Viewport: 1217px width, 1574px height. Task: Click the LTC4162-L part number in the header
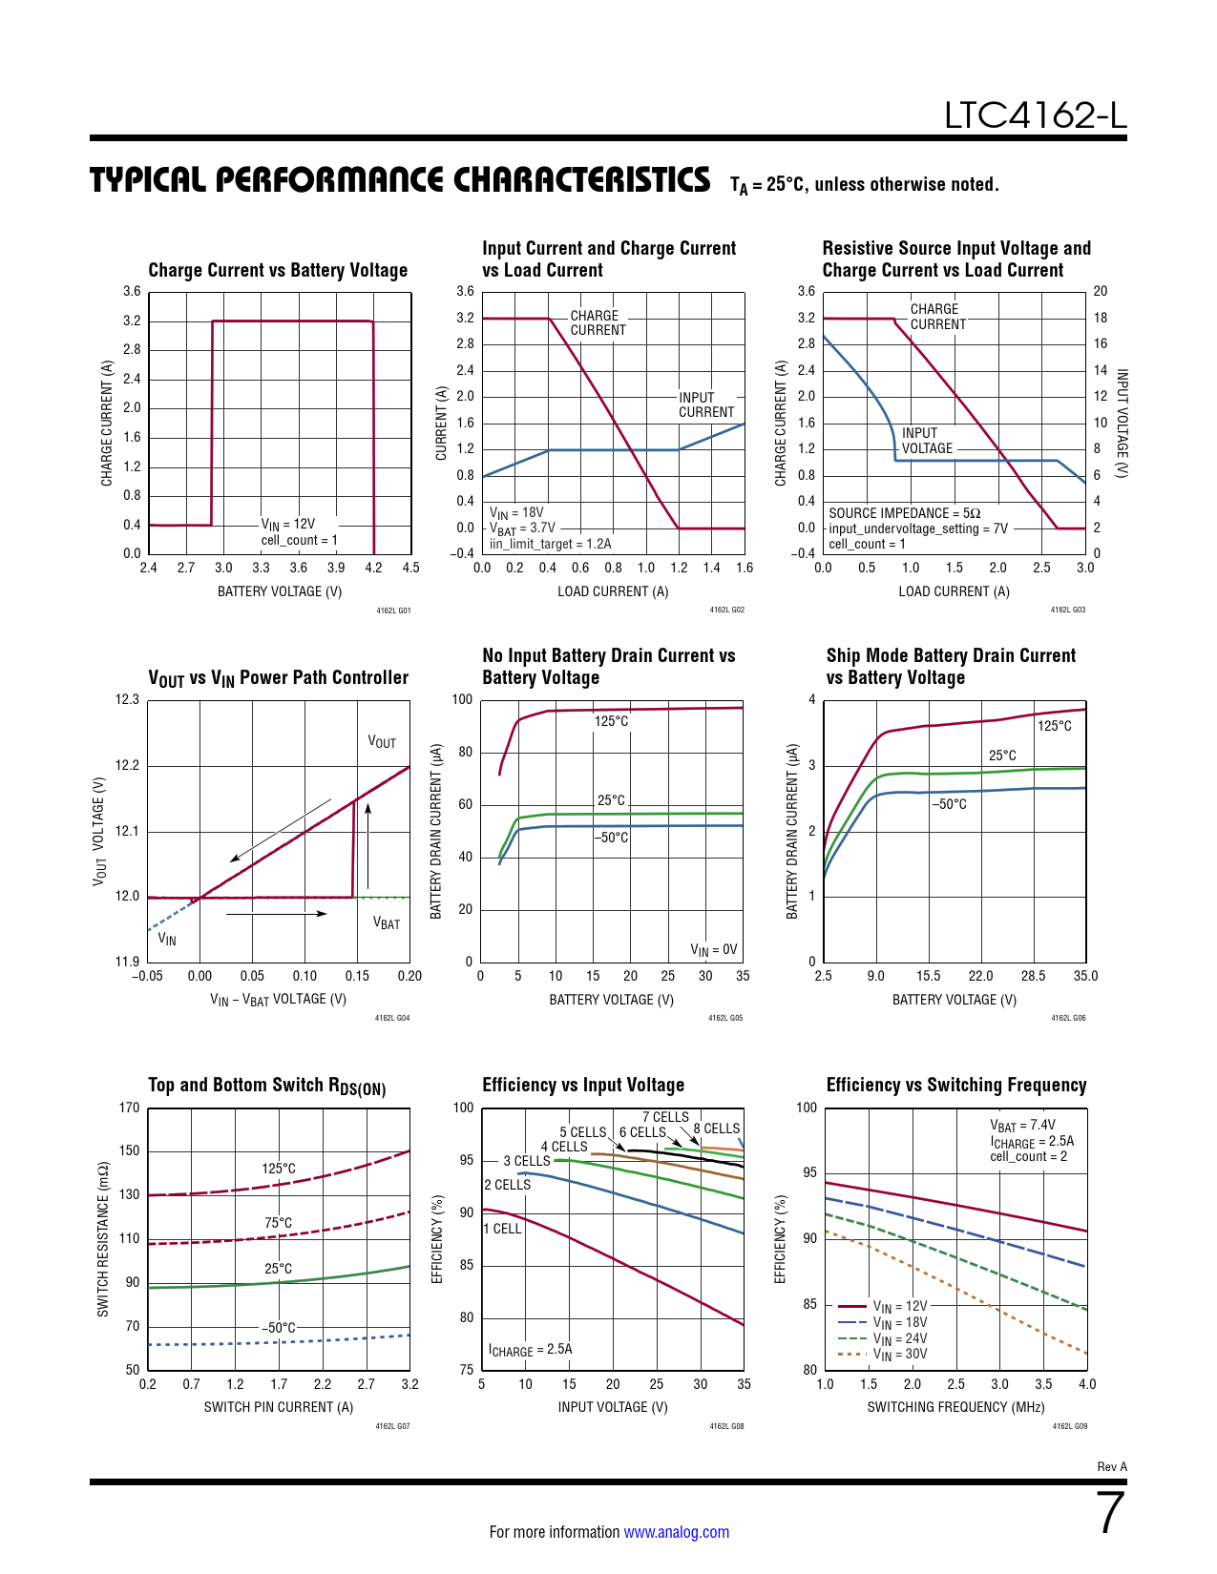(1035, 115)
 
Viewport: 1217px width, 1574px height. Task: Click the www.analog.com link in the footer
(676, 1532)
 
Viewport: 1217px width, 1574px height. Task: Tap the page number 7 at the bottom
(1111, 1513)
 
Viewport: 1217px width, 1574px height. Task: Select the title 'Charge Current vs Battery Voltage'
(278, 270)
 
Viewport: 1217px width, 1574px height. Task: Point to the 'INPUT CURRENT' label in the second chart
(706, 404)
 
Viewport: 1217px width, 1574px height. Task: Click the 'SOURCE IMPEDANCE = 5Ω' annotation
(904, 513)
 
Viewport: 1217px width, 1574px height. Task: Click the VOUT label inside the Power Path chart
(382, 742)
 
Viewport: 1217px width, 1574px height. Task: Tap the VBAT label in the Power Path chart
(386, 923)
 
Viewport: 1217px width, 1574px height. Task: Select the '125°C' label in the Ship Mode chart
(1054, 726)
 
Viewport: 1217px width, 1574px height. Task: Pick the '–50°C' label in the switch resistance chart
(279, 1327)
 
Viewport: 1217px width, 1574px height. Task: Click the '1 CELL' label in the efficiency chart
(503, 1229)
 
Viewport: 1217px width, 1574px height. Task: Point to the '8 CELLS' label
(717, 1129)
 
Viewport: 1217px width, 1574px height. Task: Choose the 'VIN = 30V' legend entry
(899, 1355)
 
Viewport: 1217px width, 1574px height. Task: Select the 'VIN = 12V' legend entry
(899, 1306)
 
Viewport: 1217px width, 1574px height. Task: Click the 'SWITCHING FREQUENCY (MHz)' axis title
(955, 1407)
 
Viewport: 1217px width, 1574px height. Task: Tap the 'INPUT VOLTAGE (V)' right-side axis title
(1123, 424)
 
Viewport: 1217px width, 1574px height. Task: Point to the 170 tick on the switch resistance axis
(129, 1108)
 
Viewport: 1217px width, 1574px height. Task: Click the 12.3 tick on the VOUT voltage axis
(127, 699)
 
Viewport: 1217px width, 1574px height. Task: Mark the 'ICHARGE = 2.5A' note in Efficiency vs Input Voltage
(530, 1350)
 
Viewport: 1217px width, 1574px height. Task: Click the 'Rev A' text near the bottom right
(1112, 1466)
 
